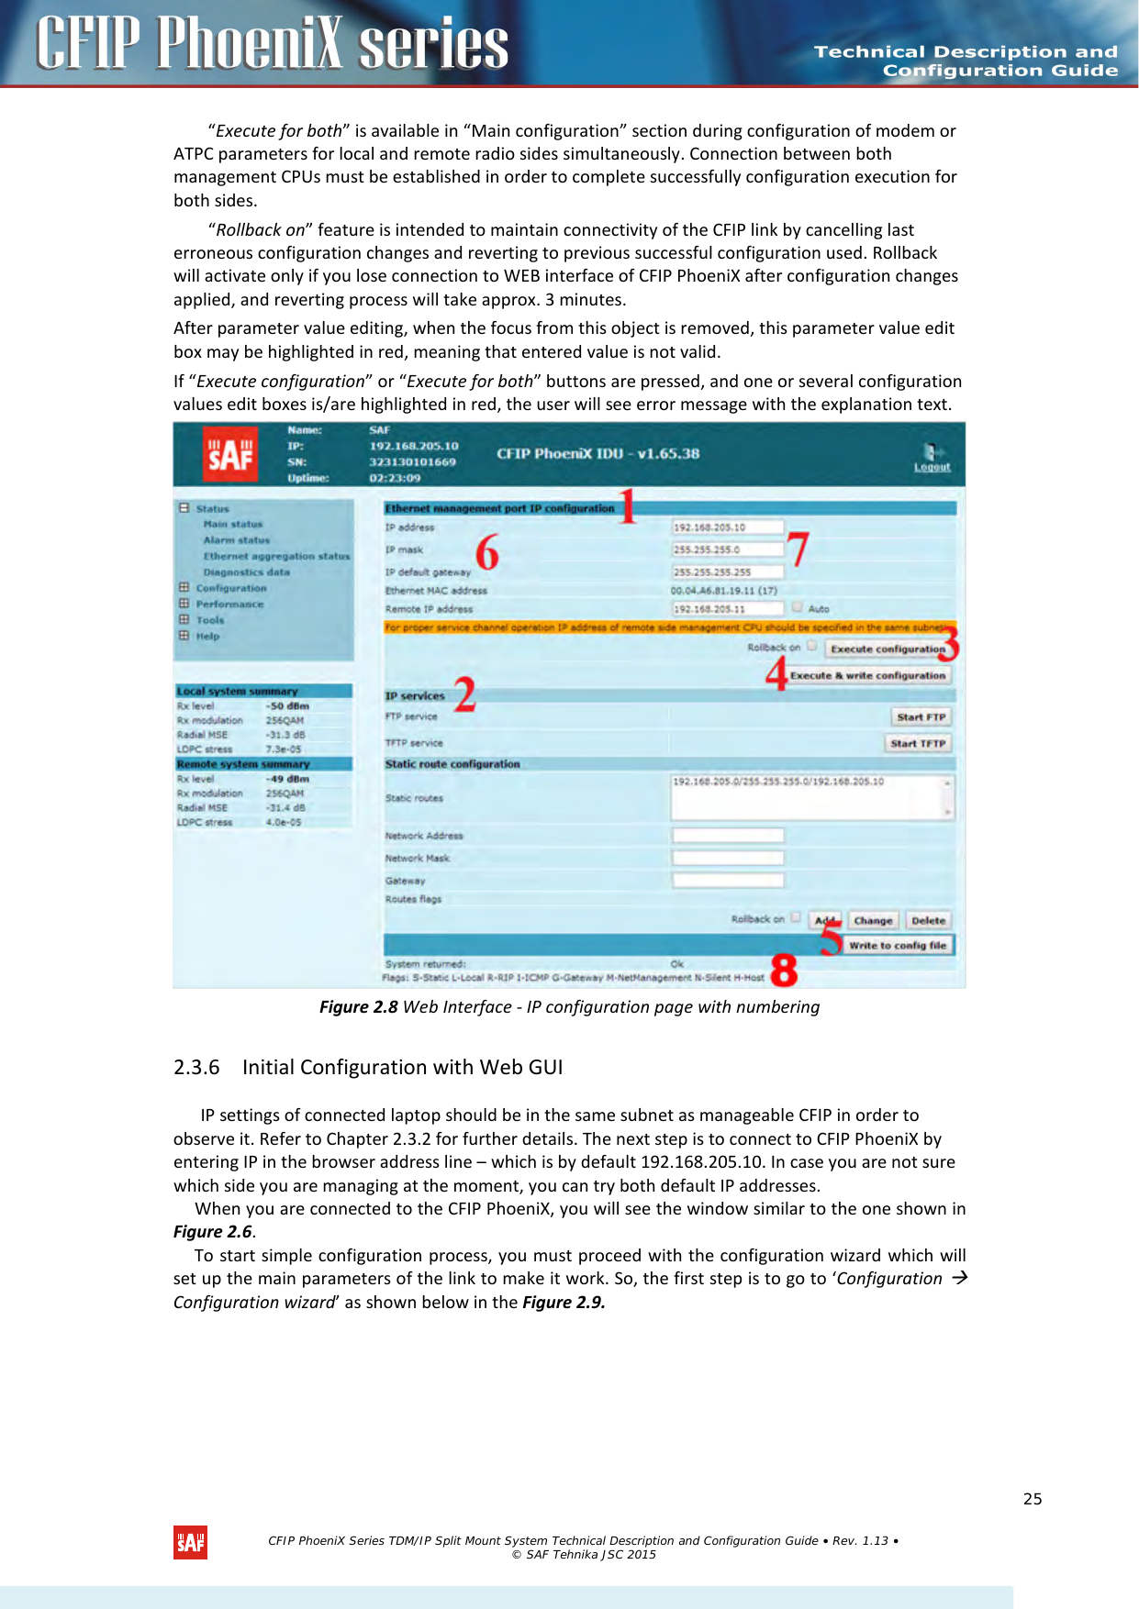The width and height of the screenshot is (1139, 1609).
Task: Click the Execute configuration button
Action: (887, 649)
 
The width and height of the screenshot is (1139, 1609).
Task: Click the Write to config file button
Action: (897, 945)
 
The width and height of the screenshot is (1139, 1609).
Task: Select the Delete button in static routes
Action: (928, 920)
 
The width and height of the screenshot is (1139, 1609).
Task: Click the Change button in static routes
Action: (872, 920)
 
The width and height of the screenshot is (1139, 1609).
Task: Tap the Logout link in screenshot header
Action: (932, 467)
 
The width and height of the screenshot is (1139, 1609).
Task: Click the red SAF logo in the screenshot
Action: (229, 454)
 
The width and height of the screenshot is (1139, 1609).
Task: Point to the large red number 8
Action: (784, 970)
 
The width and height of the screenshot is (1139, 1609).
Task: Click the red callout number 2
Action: (465, 694)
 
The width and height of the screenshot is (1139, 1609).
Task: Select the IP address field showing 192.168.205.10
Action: (728, 527)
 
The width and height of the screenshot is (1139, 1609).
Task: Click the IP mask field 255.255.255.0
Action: (728, 549)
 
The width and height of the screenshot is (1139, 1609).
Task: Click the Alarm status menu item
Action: (236, 540)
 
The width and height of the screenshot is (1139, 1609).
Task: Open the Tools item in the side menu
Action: (209, 620)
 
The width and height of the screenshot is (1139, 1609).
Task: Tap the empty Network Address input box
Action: (728, 835)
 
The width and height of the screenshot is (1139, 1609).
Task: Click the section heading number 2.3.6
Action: (196, 1067)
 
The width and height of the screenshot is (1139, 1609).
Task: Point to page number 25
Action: (1033, 1499)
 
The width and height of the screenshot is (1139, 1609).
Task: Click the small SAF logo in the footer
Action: (190, 1543)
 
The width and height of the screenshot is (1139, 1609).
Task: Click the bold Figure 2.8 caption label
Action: (358, 1006)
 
